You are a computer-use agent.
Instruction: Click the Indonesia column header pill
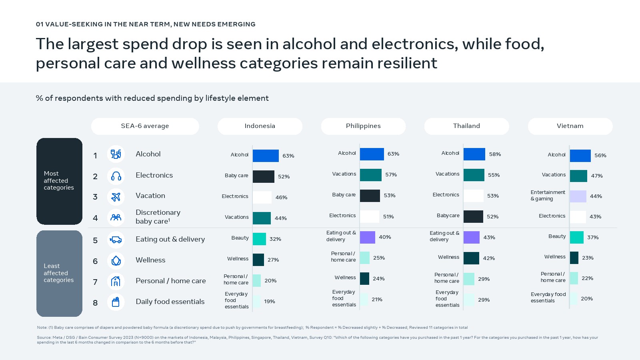click(260, 126)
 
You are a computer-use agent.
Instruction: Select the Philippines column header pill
click(363, 126)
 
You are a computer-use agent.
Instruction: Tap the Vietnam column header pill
click(570, 126)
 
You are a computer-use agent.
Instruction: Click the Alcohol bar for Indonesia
click(266, 156)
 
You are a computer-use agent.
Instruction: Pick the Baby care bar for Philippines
click(370, 196)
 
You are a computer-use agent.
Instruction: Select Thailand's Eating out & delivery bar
click(472, 237)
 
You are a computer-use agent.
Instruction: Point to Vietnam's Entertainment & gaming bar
click(578, 196)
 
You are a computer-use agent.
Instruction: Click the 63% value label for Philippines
click(393, 154)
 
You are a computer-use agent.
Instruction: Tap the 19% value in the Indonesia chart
click(270, 302)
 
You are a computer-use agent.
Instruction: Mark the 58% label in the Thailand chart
click(495, 154)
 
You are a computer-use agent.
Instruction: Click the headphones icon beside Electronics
click(116, 176)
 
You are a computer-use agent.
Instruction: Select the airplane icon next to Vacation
click(116, 197)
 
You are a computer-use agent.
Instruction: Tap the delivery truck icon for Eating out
click(116, 240)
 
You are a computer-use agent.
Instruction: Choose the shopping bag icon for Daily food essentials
click(116, 302)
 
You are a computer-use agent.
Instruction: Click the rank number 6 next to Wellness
click(95, 261)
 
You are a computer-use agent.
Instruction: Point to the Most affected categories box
click(59, 181)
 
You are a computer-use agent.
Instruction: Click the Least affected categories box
click(59, 273)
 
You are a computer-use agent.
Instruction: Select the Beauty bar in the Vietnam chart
click(577, 237)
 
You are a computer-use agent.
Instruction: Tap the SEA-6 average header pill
click(145, 126)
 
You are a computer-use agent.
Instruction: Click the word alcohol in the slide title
click(310, 44)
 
